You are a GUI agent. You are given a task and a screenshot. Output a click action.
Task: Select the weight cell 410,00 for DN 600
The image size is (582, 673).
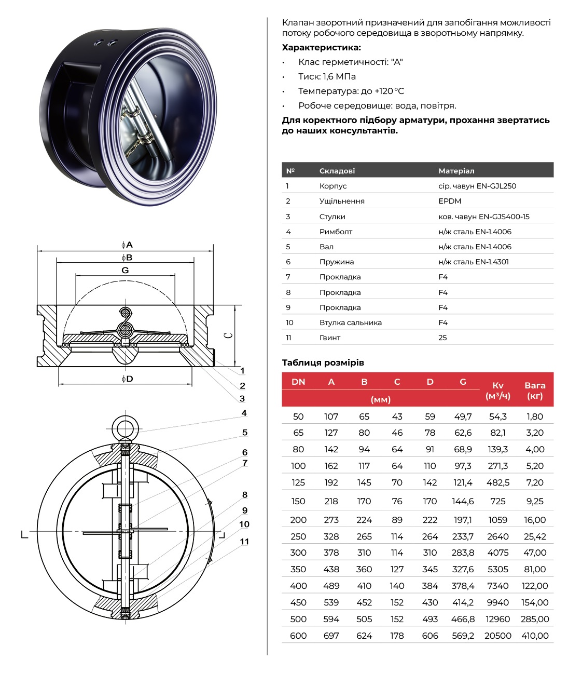535,636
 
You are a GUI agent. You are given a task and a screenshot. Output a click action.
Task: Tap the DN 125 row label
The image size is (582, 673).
298,482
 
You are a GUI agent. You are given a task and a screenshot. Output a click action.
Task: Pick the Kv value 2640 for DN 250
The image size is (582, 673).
497,536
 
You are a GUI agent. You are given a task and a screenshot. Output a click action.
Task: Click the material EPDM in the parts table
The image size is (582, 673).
450,201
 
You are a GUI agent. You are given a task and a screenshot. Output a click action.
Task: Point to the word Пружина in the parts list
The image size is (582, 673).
337,262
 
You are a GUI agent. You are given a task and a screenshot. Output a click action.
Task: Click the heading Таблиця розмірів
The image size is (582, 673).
323,362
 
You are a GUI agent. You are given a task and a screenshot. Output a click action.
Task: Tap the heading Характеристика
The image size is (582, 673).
321,47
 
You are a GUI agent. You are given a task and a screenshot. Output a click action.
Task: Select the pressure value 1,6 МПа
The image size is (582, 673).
339,76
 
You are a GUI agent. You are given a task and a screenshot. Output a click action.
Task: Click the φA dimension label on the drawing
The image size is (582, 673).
127,245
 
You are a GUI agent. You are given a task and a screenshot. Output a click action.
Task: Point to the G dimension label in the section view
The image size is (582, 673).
125,270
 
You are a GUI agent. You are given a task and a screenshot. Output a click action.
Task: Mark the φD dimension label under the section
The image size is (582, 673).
127,379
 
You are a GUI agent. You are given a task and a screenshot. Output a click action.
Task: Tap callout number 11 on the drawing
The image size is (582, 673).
244,541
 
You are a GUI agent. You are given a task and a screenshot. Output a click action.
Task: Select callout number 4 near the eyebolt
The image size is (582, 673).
244,413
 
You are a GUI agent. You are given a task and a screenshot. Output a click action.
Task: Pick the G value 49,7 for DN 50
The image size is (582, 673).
463,416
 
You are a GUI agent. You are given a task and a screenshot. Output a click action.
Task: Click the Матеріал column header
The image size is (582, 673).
456,171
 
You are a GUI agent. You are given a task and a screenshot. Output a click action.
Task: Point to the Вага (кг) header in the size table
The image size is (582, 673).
535,390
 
